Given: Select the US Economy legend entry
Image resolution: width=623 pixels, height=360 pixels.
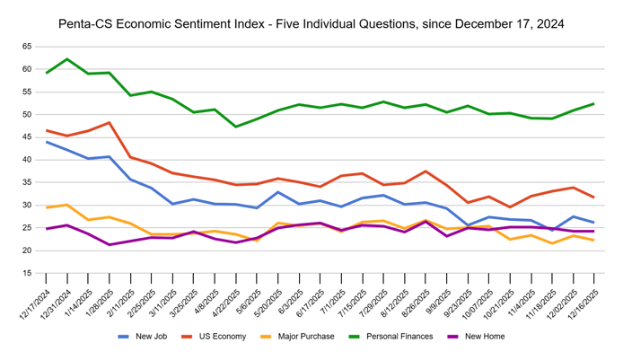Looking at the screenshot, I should [x=220, y=338].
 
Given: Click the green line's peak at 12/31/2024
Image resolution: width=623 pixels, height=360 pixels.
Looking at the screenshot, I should [x=67, y=59].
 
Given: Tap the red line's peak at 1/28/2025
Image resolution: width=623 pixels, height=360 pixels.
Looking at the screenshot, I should [x=110, y=123].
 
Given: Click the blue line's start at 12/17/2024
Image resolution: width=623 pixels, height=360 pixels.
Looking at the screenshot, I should [x=47, y=142].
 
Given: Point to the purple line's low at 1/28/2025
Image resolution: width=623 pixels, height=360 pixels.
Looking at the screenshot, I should [x=110, y=244].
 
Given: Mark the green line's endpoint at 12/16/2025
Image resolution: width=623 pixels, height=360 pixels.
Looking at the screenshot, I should [x=593, y=104].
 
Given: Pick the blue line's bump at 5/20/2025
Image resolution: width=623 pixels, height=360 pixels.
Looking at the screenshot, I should [x=278, y=192].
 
